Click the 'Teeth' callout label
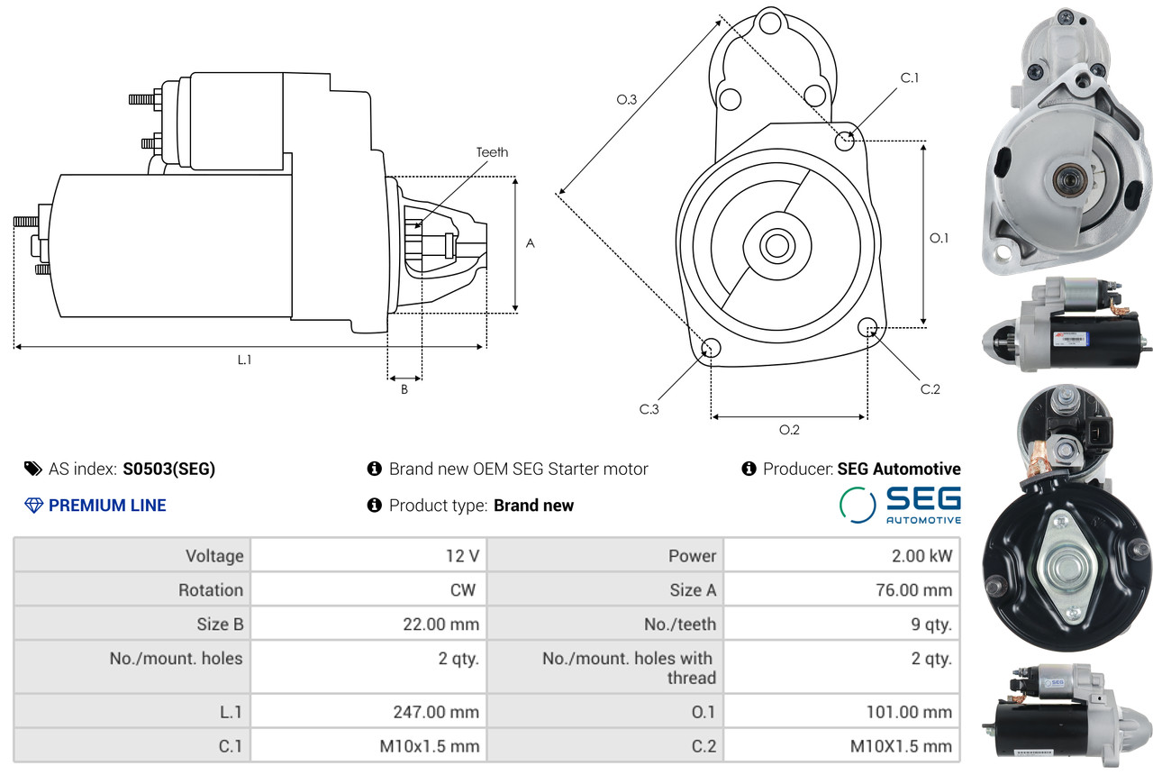click(492, 152)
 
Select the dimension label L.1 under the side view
click(244, 360)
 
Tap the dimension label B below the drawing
click(404, 389)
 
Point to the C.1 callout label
click(910, 77)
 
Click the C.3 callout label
click(649, 409)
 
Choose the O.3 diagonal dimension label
click(626, 99)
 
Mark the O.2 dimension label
click(789, 430)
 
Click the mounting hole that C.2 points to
click(867, 327)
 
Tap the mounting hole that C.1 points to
click(845, 141)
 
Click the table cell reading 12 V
click(463, 556)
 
